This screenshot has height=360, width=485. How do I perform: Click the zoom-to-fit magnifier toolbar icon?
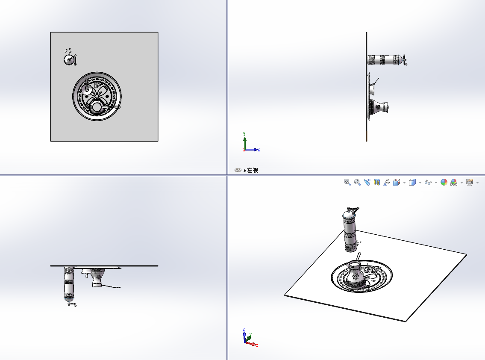point(347,182)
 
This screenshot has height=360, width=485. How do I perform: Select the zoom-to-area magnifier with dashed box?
point(357,182)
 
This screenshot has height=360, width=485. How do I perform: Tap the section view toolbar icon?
point(377,182)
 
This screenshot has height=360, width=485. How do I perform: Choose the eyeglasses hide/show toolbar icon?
point(428,183)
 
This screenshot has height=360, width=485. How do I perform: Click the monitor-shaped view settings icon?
point(470,182)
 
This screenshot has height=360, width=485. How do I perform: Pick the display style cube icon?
point(412,182)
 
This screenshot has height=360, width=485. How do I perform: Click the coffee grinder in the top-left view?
point(70,59)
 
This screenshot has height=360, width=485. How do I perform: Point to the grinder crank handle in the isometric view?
point(353,210)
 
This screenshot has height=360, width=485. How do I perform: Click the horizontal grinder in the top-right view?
point(387,60)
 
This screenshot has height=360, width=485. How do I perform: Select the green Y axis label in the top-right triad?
point(244,134)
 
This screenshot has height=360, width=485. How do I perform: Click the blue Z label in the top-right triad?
point(259,150)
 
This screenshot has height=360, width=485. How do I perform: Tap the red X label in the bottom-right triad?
point(257,345)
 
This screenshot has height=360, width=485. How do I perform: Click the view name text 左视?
point(253,170)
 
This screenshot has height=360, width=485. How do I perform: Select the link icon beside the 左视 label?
point(238,170)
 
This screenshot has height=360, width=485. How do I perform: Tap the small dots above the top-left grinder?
point(68,50)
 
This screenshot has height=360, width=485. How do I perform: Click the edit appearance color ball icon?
point(444,182)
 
